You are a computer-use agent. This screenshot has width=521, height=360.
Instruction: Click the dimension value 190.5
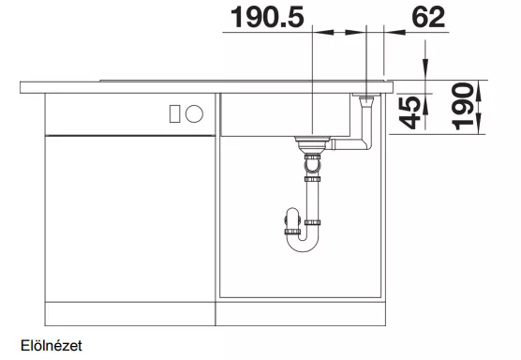point(267,17)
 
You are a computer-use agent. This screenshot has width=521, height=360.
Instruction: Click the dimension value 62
point(428,17)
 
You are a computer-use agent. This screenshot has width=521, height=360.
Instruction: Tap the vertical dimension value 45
point(410,112)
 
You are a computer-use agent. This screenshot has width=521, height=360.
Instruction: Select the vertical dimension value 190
point(462,106)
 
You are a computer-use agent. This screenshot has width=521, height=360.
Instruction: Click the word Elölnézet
point(52,346)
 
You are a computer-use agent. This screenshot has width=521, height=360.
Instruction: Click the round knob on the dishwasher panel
point(194,113)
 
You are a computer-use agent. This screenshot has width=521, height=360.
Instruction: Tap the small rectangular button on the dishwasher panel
point(175,113)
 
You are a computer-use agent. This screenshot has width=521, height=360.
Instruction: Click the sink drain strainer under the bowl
point(312,143)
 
